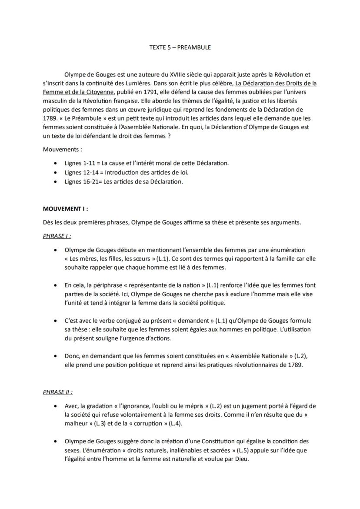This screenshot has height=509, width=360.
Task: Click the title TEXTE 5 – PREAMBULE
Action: pos(180,47)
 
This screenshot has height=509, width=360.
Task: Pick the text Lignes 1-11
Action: pos(79,163)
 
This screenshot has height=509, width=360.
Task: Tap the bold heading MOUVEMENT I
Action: pos(64,208)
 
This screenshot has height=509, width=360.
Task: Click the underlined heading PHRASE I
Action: pos(57,236)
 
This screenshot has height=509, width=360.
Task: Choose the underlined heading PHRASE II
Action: pos(57,392)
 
